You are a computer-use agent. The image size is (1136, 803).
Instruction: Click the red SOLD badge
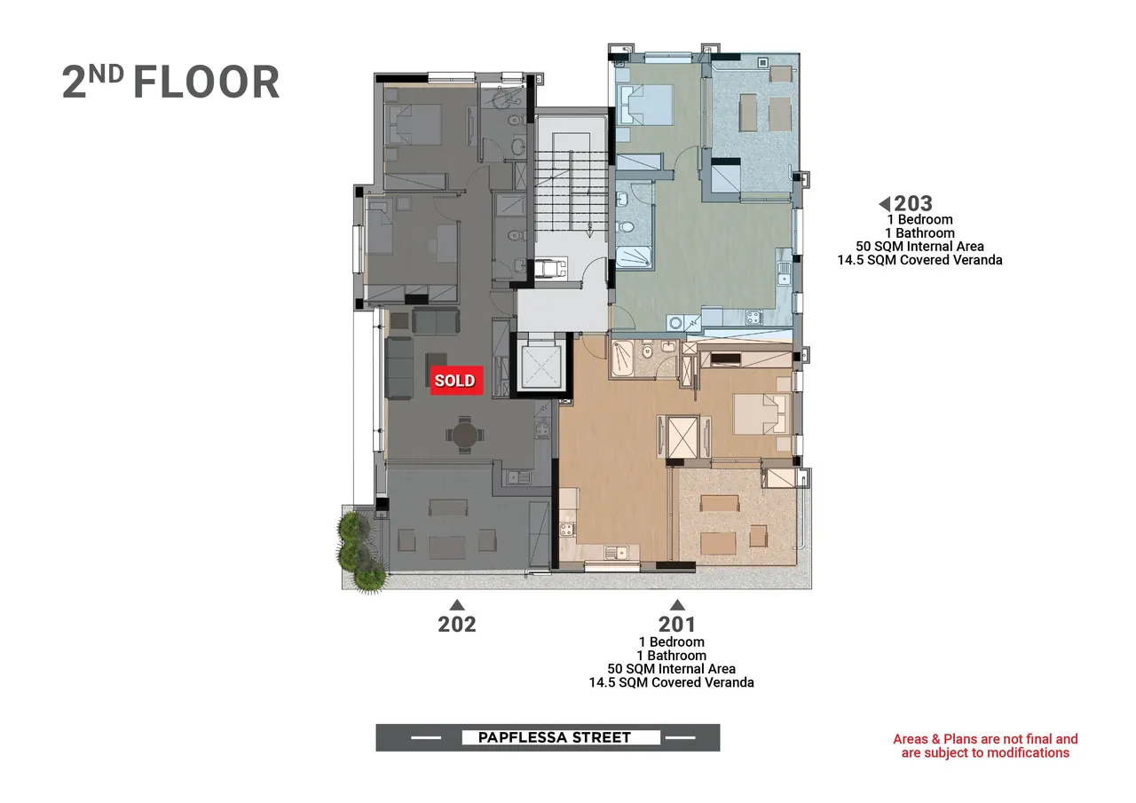(x=456, y=381)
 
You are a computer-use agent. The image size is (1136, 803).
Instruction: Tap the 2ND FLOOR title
(x=170, y=82)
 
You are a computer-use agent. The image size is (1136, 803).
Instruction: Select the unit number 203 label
(x=913, y=204)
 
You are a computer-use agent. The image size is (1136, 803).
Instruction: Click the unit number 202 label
(x=457, y=624)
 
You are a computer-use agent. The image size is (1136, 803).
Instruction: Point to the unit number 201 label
(x=677, y=624)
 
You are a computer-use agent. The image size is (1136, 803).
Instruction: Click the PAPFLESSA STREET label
(x=555, y=737)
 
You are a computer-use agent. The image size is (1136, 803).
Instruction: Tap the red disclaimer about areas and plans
(x=985, y=745)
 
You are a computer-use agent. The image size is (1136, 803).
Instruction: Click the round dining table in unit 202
(x=464, y=435)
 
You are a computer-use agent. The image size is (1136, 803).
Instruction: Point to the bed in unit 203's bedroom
(x=645, y=105)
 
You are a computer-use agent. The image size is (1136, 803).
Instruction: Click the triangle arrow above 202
(x=457, y=605)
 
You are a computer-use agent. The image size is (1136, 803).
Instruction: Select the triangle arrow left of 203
(x=885, y=204)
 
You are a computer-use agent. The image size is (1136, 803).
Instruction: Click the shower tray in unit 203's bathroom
(x=634, y=256)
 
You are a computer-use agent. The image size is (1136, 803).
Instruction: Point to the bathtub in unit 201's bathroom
(x=622, y=359)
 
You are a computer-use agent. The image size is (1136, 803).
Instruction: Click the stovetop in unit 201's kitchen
(x=567, y=530)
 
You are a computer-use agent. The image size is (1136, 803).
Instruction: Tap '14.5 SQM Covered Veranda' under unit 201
(x=672, y=682)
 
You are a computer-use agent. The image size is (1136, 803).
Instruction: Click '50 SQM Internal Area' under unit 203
(x=919, y=247)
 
